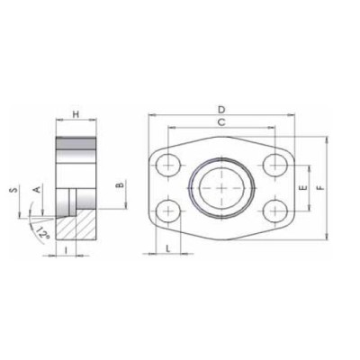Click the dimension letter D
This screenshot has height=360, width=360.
[220, 108]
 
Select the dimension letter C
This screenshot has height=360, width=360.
[220, 121]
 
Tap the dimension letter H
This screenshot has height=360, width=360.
[76, 115]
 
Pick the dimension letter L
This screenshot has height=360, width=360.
[168, 246]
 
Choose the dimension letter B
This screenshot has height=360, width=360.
[120, 186]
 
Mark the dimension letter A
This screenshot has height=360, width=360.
[36, 190]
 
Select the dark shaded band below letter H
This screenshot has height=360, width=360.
[76, 143]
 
